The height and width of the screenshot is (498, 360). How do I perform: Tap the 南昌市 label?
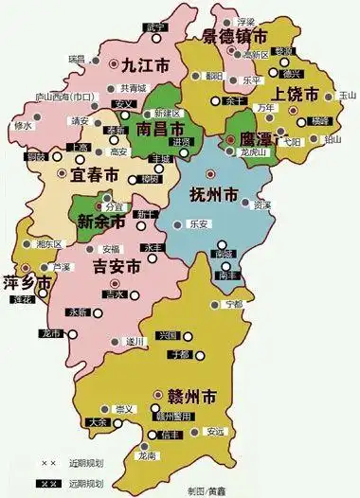(x=156, y=128)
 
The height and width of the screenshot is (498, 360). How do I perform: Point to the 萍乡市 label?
(x=25, y=281)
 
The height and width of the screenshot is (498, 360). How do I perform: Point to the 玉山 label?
(x=347, y=96)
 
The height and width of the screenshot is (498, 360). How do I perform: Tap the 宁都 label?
(x=233, y=304)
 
